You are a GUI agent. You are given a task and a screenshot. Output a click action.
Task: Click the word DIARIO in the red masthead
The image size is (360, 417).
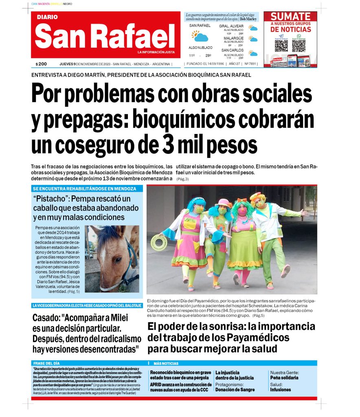click(47, 17)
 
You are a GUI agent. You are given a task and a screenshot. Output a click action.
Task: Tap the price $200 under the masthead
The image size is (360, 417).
click(41, 64)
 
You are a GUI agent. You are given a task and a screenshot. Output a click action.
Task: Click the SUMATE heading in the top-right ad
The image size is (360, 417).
click(290, 17)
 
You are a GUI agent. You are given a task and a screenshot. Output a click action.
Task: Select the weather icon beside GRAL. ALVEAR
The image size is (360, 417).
click(253, 29)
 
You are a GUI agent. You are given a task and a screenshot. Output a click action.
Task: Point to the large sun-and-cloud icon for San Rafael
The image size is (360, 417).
click(200, 37)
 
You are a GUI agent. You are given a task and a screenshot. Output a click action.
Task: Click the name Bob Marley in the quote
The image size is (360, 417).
click(248, 19)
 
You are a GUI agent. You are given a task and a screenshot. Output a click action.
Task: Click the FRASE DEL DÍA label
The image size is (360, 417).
click(46, 363)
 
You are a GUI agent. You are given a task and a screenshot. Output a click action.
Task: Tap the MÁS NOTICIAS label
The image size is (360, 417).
click(166, 363)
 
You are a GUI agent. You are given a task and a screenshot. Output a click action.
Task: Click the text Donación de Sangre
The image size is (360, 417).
click(235, 390)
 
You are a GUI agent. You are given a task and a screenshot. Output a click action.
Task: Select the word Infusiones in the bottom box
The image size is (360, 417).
click(281, 390)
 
